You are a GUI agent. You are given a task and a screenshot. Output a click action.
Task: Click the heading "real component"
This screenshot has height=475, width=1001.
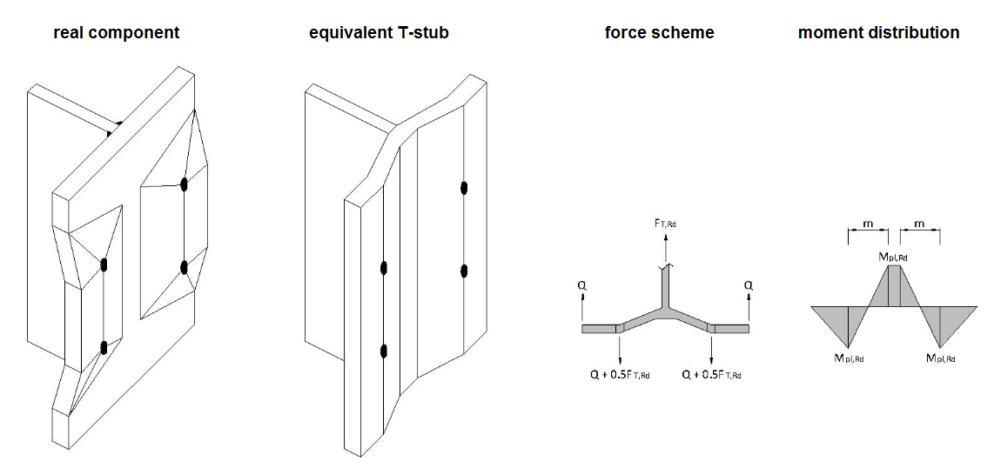click(117, 33)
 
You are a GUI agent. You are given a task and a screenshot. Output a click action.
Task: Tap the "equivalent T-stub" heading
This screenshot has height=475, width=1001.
click(380, 33)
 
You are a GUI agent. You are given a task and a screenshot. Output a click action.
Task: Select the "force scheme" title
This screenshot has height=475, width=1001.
click(660, 33)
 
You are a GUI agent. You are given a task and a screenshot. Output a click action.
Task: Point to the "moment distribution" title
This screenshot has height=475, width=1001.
click(879, 33)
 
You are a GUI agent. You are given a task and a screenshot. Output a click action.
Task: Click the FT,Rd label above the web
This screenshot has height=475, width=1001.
click(665, 224)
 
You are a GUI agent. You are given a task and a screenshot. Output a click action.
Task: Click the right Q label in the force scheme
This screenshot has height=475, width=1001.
click(748, 284)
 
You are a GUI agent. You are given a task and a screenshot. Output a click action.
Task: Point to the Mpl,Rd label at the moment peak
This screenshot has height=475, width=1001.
click(897, 257)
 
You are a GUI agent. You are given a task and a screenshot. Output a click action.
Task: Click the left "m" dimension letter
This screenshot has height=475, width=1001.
click(867, 224)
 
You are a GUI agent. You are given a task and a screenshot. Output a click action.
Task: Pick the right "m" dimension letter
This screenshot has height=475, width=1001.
click(920, 224)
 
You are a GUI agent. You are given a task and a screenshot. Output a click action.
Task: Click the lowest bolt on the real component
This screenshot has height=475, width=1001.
click(104, 348)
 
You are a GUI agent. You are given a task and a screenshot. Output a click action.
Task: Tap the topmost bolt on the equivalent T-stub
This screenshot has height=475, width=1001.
click(464, 187)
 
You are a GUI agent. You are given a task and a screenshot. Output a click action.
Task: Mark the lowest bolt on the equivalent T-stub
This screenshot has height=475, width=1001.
click(383, 351)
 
